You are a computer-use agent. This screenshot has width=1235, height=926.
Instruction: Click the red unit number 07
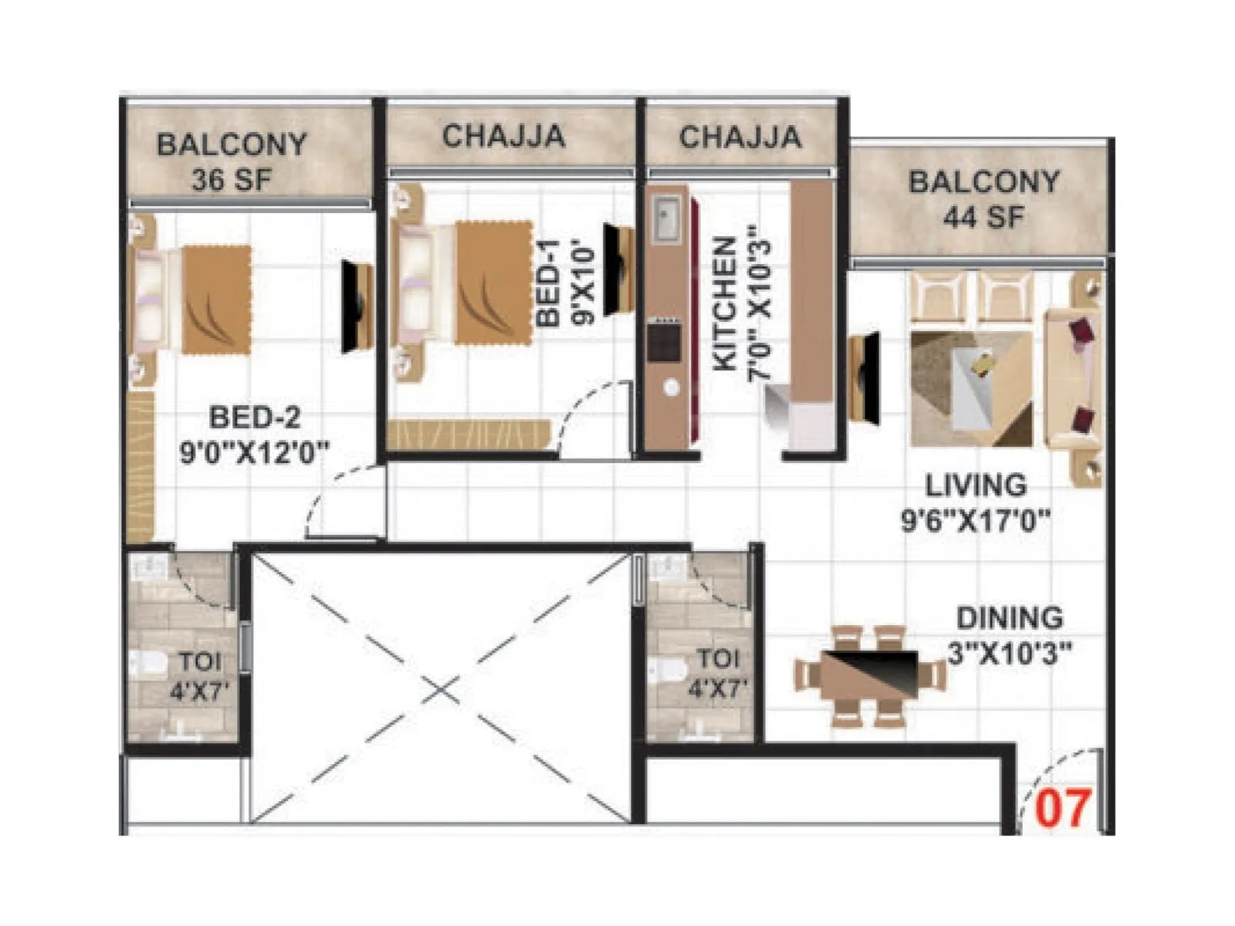[x=1063, y=808]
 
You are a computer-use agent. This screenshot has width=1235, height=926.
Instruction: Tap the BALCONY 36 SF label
[x=232, y=162]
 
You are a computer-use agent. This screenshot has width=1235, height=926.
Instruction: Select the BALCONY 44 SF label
[x=983, y=199]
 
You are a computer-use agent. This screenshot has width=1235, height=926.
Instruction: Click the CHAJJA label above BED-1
[x=503, y=137]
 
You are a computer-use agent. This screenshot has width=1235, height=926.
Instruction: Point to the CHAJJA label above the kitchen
[x=740, y=137]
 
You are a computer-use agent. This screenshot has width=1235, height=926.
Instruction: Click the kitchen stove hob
[x=664, y=343]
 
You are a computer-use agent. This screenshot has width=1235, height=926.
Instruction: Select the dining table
[x=871, y=675]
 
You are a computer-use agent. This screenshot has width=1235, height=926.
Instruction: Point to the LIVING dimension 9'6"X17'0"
[x=976, y=521]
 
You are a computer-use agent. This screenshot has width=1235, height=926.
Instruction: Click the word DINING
[x=1009, y=618]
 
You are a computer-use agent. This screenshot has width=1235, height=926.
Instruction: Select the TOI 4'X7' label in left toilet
[x=200, y=675]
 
